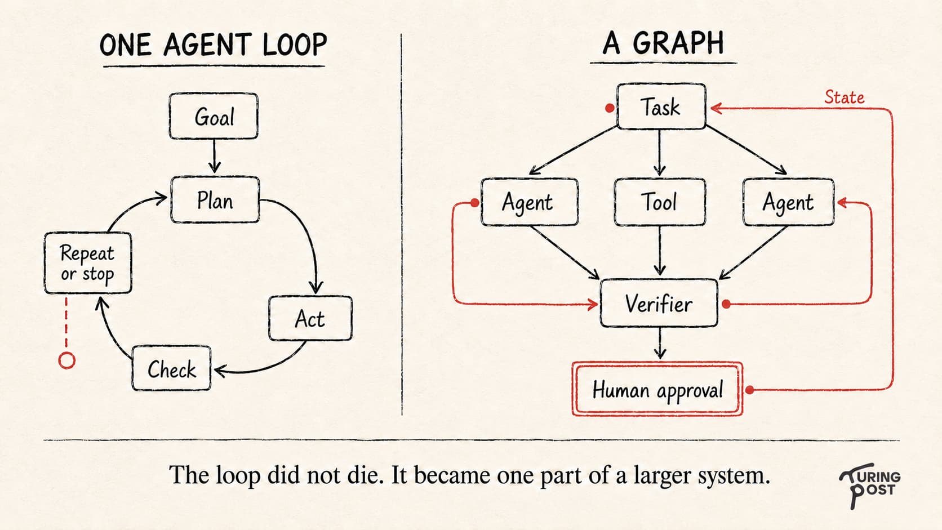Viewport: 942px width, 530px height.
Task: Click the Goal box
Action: [214, 116]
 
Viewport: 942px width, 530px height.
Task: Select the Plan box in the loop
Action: [215, 199]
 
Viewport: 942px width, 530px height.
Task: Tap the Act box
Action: [310, 318]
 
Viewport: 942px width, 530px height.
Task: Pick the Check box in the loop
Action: [171, 368]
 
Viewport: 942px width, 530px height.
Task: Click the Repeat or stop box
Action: [88, 262]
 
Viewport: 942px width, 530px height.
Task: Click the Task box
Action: [661, 106]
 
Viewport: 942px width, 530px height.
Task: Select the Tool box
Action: [660, 202]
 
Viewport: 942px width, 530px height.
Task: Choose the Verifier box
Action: [659, 303]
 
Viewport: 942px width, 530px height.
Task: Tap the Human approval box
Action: [657, 389]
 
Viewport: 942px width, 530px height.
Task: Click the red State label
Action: [844, 97]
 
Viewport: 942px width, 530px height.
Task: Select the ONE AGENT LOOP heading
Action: [213, 44]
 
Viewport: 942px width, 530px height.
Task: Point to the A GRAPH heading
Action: [663, 43]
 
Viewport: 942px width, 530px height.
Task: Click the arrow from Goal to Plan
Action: [215, 156]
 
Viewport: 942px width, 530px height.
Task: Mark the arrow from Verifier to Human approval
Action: [660, 343]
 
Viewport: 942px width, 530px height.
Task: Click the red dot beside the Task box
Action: [610, 108]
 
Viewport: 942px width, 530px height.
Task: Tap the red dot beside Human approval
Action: [749, 390]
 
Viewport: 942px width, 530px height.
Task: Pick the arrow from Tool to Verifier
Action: [660, 251]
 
